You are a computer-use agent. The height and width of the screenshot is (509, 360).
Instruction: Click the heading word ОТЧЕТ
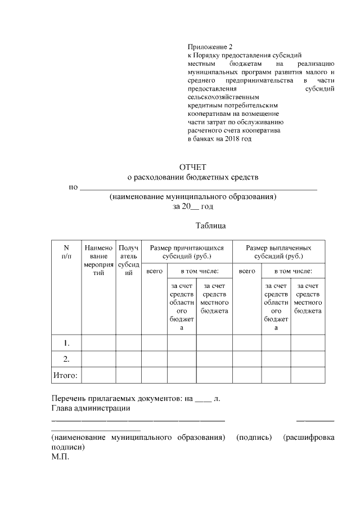[193, 167]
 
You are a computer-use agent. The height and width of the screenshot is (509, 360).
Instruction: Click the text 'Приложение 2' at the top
[209, 47]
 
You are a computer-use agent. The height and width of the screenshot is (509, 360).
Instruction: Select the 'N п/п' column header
[66, 252]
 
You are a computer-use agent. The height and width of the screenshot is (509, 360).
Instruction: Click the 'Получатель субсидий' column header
[129, 260]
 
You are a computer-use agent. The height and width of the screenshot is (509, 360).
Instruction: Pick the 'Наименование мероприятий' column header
[98, 260]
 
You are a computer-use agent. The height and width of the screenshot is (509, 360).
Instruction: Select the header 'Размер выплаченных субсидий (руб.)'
[278, 252]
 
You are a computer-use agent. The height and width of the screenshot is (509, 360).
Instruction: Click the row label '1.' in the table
[66, 343]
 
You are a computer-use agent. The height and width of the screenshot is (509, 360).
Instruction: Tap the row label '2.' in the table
[66, 358]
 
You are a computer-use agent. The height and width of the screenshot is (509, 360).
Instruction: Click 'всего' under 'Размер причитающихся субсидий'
[154, 271]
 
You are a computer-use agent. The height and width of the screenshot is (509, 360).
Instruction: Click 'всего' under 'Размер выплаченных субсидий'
[246, 271]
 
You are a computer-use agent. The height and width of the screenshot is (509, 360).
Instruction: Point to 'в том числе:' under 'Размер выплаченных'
[292, 271]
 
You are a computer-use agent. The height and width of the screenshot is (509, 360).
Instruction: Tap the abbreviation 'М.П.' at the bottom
[60, 457]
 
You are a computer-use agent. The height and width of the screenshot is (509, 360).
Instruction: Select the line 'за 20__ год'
[193, 206]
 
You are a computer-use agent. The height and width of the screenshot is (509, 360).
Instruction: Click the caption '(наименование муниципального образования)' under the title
[193, 197]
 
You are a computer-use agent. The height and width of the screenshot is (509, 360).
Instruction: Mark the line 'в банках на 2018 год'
[219, 139]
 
